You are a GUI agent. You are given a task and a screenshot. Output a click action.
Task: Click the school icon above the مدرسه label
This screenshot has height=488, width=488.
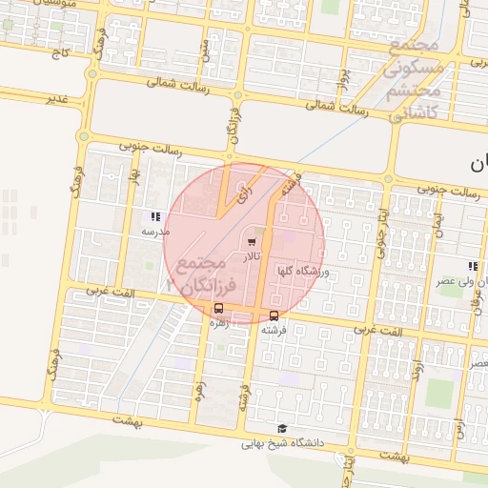155,216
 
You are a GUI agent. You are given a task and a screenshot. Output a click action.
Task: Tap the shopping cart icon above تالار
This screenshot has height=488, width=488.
252,242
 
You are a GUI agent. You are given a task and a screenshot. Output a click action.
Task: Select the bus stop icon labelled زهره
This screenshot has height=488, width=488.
219,309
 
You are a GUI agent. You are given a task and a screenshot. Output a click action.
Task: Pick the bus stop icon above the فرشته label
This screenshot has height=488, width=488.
274,315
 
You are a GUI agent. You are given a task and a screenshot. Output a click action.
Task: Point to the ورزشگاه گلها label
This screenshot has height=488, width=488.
301,272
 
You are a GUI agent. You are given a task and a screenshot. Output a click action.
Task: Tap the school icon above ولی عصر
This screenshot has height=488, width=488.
473,266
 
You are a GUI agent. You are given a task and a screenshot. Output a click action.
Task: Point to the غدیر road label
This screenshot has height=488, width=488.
59,99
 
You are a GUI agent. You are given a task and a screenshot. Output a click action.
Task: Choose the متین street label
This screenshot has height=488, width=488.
204,48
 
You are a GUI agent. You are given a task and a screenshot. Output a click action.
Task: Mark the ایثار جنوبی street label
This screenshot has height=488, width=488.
379,229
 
